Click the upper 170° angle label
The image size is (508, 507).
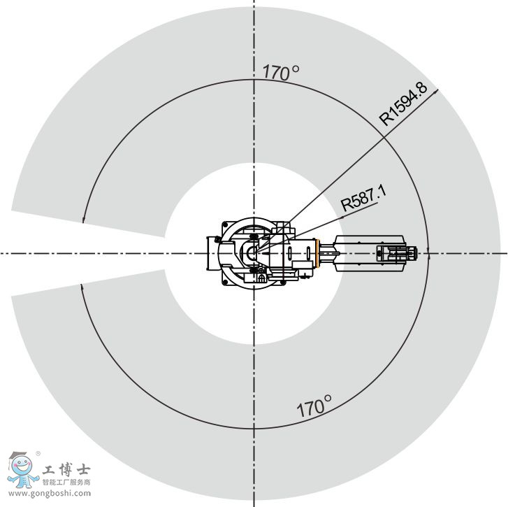point(281,72)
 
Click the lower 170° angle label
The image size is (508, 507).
point(314,406)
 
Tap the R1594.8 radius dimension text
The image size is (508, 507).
point(403,103)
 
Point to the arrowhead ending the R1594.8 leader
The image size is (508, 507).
point(436,91)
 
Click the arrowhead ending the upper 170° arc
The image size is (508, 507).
point(83,220)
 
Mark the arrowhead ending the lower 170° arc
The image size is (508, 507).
point(82,287)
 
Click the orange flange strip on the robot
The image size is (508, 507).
point(318,253)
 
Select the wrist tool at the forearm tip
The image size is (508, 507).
point(397,253)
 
